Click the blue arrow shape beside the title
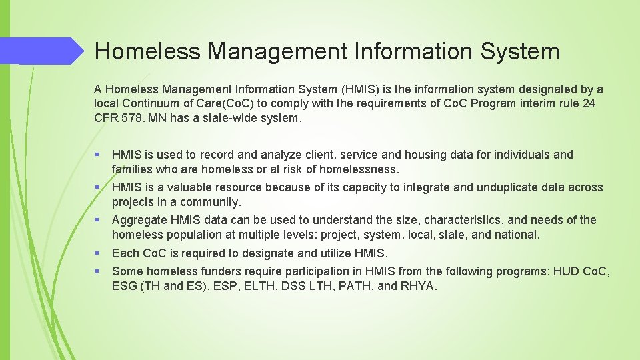47,51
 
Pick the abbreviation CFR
108,119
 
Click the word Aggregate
139,220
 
